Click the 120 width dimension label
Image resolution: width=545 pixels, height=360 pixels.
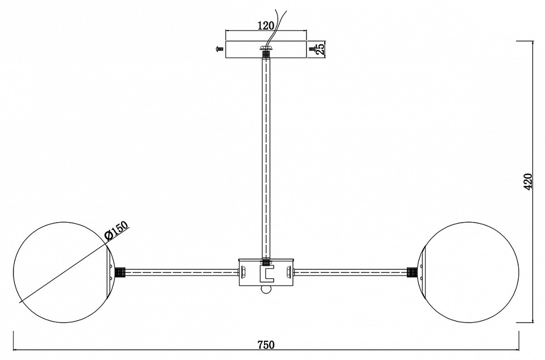(266, 25)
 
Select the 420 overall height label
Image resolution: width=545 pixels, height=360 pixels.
(527, 181)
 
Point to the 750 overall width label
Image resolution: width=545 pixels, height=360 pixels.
(266, 345)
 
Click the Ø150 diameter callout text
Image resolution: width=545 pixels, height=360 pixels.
(116, 231)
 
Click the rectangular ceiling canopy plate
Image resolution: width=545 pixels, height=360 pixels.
(266, 49)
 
